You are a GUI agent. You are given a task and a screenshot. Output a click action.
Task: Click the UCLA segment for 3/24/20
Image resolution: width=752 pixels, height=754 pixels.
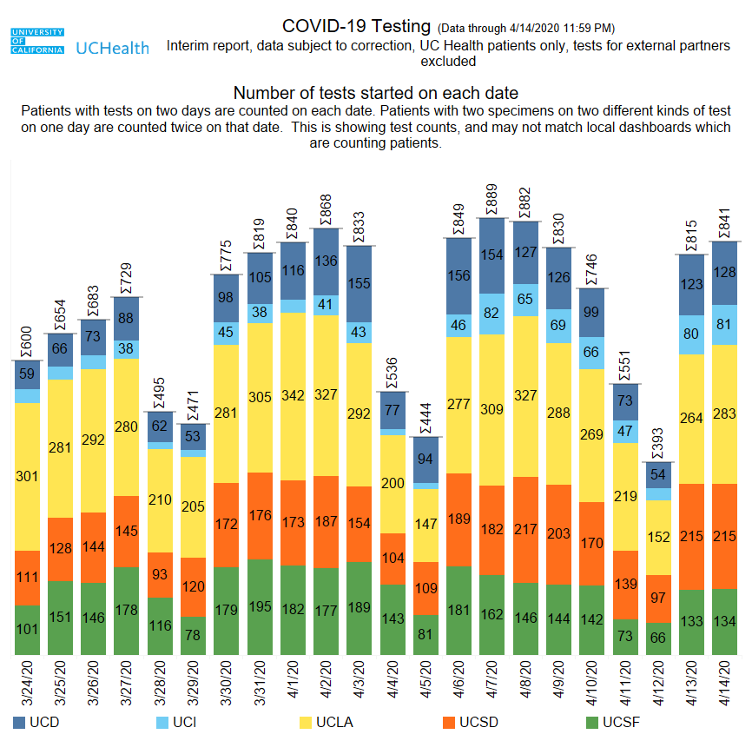point(28,476)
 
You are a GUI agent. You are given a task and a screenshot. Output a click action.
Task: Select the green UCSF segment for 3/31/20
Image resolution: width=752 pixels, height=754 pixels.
point(260,606)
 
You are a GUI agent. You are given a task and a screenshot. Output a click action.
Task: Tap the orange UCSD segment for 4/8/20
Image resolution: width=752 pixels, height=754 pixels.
point(525,530)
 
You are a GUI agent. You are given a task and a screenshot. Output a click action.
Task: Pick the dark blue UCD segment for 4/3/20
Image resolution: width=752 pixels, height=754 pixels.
point(360,283)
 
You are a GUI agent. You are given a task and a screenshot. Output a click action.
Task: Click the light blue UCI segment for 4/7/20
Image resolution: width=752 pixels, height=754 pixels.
point(491,314)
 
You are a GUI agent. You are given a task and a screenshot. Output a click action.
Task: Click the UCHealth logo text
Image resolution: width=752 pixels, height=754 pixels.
point(113,48)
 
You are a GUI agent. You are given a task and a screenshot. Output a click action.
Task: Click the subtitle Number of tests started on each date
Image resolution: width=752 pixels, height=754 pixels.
point(376,93)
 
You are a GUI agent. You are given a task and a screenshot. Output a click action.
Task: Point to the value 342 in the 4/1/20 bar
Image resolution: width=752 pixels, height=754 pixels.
point(293,396)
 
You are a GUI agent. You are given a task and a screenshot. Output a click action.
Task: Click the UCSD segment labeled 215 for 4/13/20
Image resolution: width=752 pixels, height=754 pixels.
point(691,536)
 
